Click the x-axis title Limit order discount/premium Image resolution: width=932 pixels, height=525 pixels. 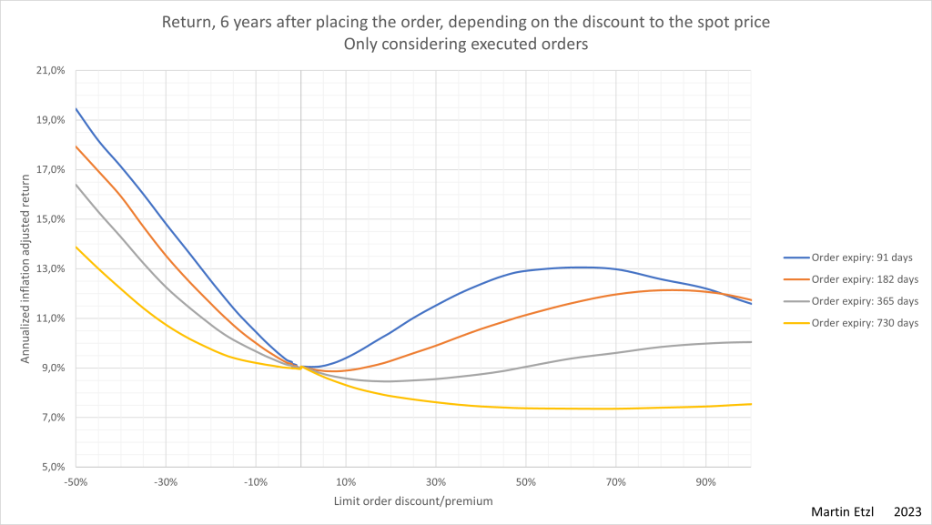[414, 500]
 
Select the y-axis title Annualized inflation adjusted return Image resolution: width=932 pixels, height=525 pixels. [25, 268]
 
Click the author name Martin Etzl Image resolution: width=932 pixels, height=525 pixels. [841, 512]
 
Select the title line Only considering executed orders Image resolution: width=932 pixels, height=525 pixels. [466, 44]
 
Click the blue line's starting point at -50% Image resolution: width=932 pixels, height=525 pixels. [76, 108]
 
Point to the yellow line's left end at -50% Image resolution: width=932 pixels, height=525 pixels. [76, 247]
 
